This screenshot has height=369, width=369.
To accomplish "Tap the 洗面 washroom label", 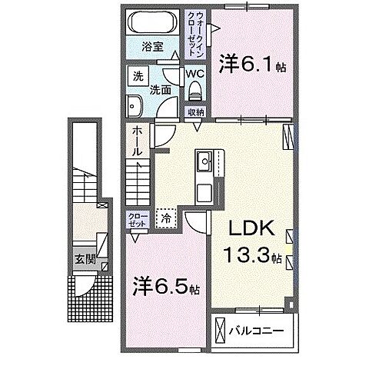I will coord(159,88).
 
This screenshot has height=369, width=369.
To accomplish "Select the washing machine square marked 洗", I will coord(138,77).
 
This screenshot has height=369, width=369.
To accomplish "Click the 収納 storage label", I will coord(195,112).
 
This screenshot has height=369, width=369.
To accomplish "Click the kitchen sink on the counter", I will coord(205,162).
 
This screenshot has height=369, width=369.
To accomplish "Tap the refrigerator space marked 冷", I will coord(166,218).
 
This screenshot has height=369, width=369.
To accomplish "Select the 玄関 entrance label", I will coord(85,259).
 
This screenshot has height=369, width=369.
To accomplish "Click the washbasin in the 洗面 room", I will coord(137,105).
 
